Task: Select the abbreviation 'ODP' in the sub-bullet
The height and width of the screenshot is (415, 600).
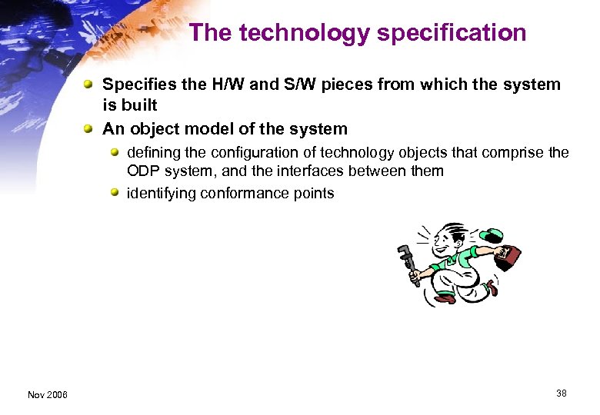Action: [x=143, y=171]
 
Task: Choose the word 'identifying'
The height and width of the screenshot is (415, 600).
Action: [x=161, y=194]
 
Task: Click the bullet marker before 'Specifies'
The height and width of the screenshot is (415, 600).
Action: [x=90, y=84]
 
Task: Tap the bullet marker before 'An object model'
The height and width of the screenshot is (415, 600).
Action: [x=90, y=128]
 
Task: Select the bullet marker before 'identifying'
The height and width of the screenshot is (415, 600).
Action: [x=115, y=192]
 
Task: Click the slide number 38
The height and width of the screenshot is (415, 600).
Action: [x=562, y=393]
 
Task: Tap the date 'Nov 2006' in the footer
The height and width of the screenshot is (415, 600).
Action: [x=48, y=394]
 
